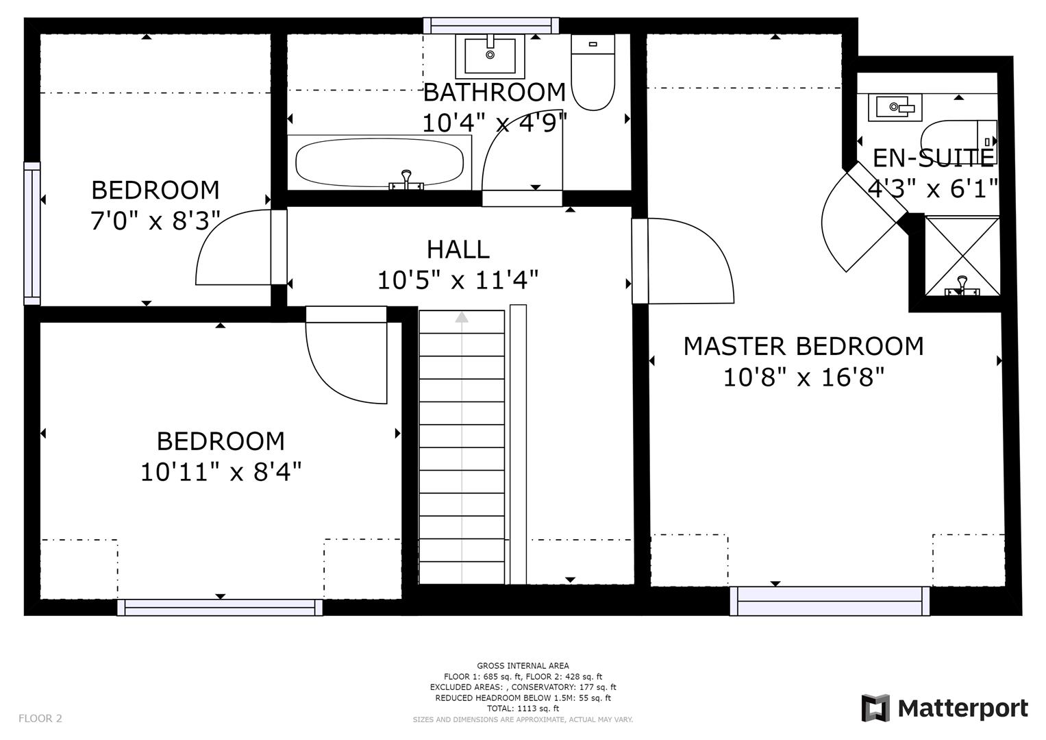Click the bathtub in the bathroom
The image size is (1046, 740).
coord(379,162)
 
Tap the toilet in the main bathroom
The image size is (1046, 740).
coord(593,71)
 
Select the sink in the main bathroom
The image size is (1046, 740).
coord(490,55)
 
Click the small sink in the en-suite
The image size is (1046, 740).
coord(895,107)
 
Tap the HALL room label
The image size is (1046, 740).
coord(458,249)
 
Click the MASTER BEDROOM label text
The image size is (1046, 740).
coord(803,346)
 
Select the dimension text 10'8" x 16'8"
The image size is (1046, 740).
coord(804,377)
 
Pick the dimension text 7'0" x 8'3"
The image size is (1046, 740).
coord(155,221)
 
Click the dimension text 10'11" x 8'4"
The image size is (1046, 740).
coord(221,471)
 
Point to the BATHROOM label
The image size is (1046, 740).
coord(494,92)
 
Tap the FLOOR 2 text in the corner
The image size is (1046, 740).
coord(40,718)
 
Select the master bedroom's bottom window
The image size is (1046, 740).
coord(829,601)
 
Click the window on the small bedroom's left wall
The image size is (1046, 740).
coord(32,233)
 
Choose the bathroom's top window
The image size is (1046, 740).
coord(491,25)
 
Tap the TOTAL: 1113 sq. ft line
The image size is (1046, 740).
coord(523,708)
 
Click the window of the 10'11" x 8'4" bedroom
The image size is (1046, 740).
coord(220,607)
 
